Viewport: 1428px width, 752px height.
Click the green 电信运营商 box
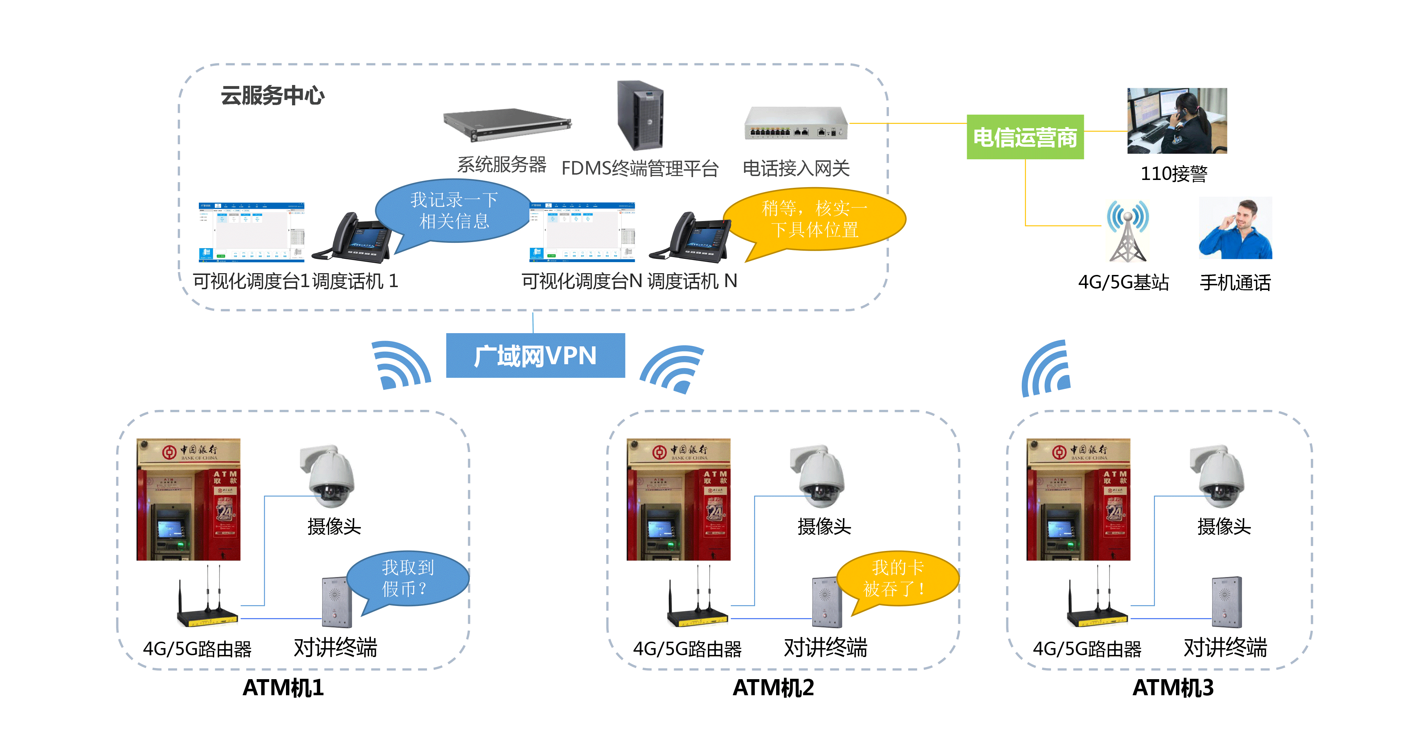pyautogui.click(x=1025, y=137)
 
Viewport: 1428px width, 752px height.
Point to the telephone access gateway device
pyautogui.click(x=795, y=123)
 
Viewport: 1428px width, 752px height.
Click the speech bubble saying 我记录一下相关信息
pyautogui.click(x=453, y=211)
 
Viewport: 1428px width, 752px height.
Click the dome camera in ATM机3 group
pyautogui.click(x=1217, y=476)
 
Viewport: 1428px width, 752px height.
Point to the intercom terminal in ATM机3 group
pyautogui.click(x=1226, y=602)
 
